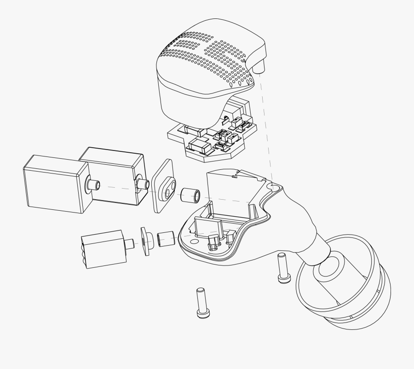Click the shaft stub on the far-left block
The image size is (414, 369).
(x=93, y=185)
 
